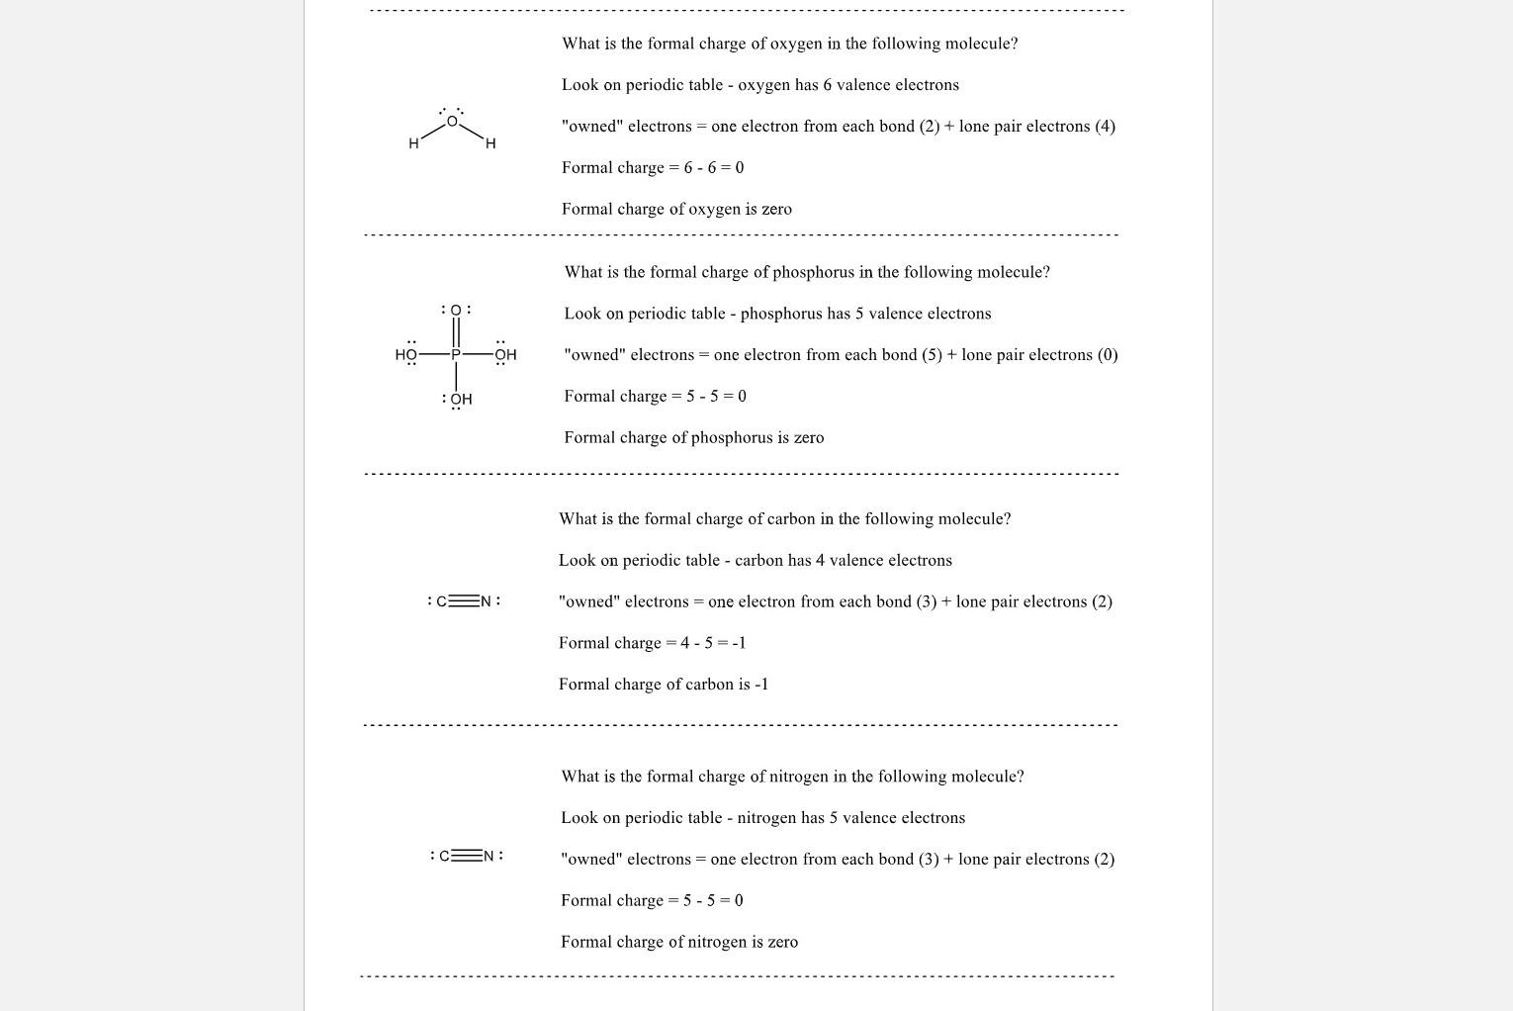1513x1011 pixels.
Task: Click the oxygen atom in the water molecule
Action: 452,122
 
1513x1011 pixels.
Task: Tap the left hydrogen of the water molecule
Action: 413,143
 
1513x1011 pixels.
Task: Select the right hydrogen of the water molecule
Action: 490,143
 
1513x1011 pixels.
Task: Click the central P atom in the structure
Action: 456,354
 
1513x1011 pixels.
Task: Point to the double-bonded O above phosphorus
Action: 456,311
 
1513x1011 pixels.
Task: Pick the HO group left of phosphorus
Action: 406,354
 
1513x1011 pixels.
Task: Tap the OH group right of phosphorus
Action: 505,354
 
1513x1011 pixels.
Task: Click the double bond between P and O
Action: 456,332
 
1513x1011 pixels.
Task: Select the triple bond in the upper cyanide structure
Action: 464,601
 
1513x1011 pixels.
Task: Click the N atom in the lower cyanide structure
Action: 489,856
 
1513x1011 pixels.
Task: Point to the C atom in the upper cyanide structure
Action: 442,601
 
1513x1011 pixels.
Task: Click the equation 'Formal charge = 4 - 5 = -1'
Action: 652,643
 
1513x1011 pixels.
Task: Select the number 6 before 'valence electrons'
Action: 827,85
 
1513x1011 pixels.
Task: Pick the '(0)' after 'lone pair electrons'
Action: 1108,354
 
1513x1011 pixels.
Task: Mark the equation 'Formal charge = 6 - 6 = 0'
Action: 653,167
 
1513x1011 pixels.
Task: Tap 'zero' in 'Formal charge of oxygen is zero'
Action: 776,209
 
